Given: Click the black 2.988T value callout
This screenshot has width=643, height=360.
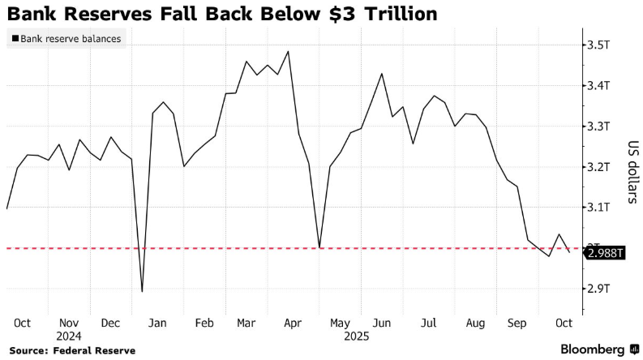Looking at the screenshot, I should [606, 254].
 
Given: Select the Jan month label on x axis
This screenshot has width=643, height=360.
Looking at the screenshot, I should [158, 322].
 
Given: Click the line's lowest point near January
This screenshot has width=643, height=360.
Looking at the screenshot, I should [143, 291].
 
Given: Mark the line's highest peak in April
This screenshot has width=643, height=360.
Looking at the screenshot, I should [289, 51].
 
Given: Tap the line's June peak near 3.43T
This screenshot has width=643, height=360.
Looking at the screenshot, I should [382, 74].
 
